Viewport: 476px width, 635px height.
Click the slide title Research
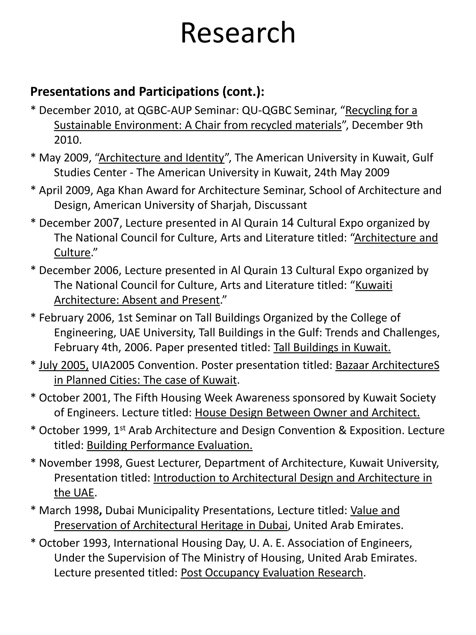[238, 33]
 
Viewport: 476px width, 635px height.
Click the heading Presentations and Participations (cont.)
[147, 92]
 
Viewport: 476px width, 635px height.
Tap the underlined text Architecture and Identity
[161, 158]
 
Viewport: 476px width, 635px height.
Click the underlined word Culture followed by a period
[72, 252]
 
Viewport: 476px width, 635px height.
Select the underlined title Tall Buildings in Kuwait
[332, 347]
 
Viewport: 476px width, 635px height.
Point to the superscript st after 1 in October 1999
[122, 428]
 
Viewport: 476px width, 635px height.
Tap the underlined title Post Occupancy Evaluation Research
[271, 573]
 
